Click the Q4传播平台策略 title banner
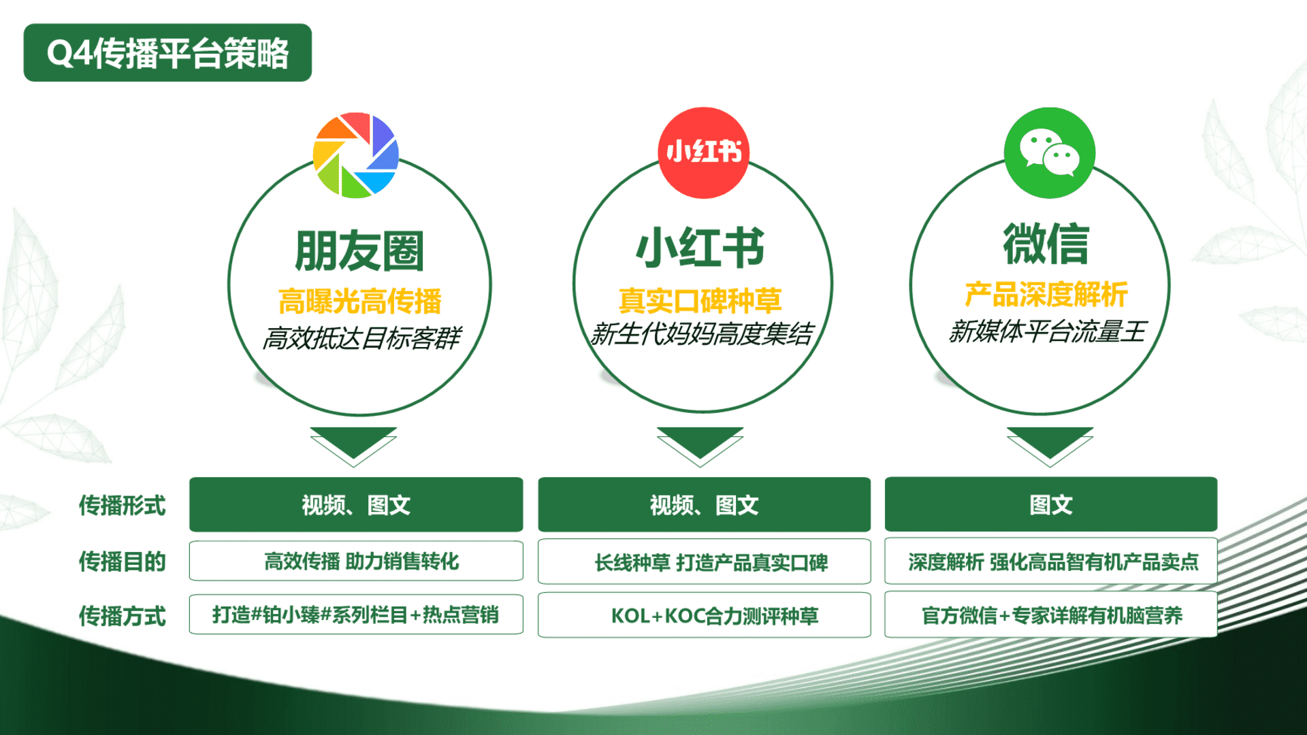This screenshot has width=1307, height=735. [x=167, y=53]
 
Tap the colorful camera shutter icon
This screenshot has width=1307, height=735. [x=355, y=155]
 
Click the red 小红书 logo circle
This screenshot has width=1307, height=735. [x=703, y=152]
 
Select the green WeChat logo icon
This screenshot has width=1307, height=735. [x=1050, y=152]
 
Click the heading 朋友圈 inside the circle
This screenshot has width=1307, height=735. [x=359, y=250]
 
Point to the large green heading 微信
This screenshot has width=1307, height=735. [x=1046, y=244]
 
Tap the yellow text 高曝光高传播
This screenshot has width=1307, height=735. [x=359, y=301]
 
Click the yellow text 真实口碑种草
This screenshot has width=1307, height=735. [x=700, y=300]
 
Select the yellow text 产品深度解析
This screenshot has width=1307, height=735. [x=1046, y=294]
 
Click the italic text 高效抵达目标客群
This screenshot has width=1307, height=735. [x=361, y=338]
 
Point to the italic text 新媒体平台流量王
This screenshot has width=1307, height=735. [x=1047, y=331]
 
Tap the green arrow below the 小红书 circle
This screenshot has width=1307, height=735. [x=700, y=446]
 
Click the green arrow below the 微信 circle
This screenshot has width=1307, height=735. [x=1050, y=446]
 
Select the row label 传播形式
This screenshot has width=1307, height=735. [x=123, y=505]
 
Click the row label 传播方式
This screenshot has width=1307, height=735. [x=123, y=616]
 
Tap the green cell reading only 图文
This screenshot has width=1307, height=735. [x=1051, y=504]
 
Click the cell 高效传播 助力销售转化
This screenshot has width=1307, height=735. [x=356, y=561]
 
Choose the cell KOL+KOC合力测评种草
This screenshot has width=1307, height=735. [x=704, y=615]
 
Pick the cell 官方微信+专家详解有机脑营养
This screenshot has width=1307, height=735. [x=1051, y=615]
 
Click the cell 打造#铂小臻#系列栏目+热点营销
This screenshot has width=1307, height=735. [x=356, y=615]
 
